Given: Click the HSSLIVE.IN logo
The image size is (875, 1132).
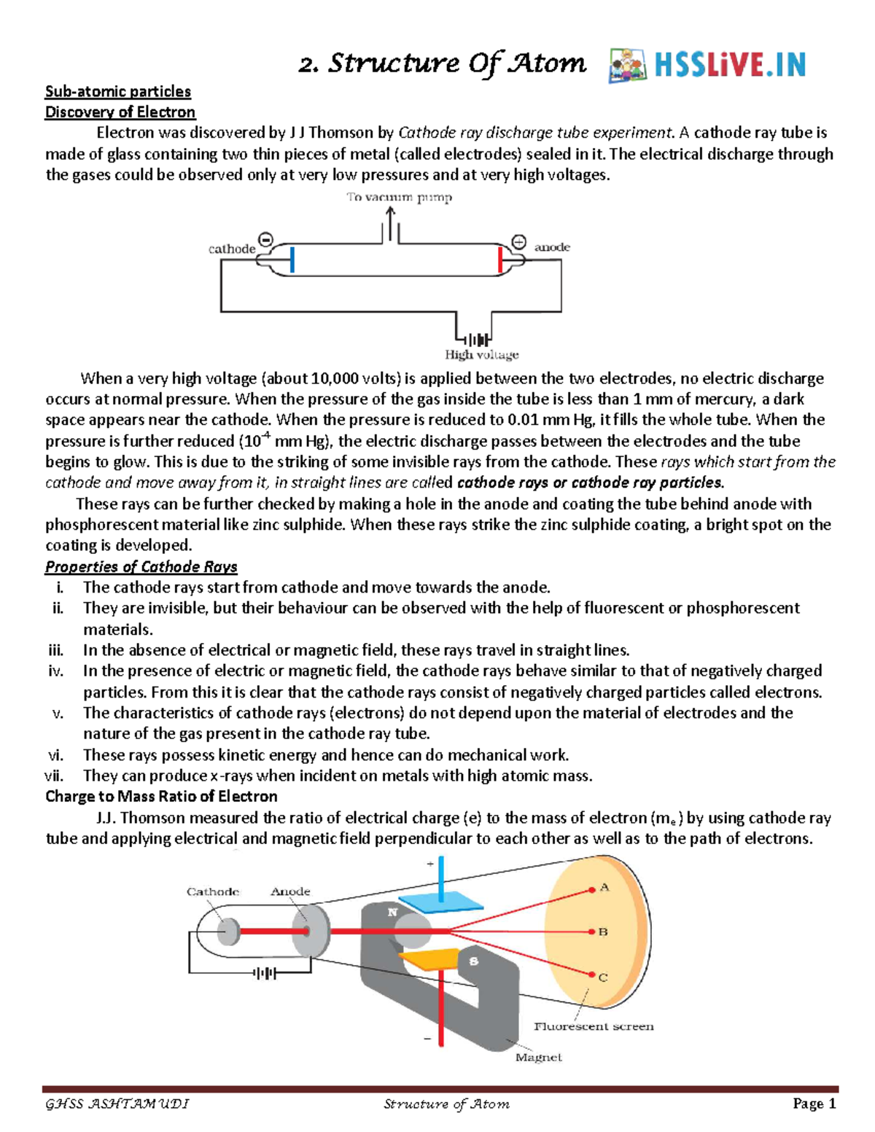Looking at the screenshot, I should coord(707,66).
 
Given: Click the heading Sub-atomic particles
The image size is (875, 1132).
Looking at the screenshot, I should coord(117,91).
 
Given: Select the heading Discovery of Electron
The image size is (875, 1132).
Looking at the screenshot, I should coord(120,112).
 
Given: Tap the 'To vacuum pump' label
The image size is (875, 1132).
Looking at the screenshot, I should coord(399,197).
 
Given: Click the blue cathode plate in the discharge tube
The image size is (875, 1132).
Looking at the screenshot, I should coord(292,259).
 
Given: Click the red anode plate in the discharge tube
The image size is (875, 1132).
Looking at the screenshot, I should coord(500,259).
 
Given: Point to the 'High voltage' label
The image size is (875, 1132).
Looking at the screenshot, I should coord(482,355).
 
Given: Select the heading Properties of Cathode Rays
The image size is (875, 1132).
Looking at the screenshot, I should coord(141,566).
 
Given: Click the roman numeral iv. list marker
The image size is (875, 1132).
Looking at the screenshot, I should coord(56,671).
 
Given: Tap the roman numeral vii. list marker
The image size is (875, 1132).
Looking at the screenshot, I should coord(54,776).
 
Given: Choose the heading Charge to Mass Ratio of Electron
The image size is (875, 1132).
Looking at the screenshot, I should coord(161,796).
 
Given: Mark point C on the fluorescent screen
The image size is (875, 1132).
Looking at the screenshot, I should coord(592,975).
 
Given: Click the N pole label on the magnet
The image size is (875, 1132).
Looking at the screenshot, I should coord(392,912).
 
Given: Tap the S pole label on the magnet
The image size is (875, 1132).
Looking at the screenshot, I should coord(474,961).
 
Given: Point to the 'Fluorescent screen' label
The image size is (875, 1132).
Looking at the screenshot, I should coord(594,1026).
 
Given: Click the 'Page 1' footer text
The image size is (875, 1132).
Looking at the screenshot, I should coord(814,1104).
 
